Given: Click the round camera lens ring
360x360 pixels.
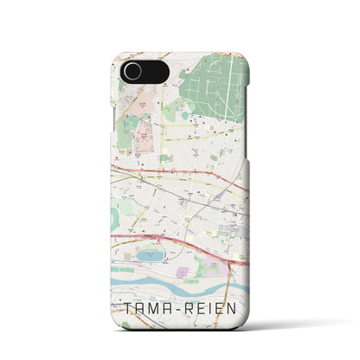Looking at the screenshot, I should point(132,71).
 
